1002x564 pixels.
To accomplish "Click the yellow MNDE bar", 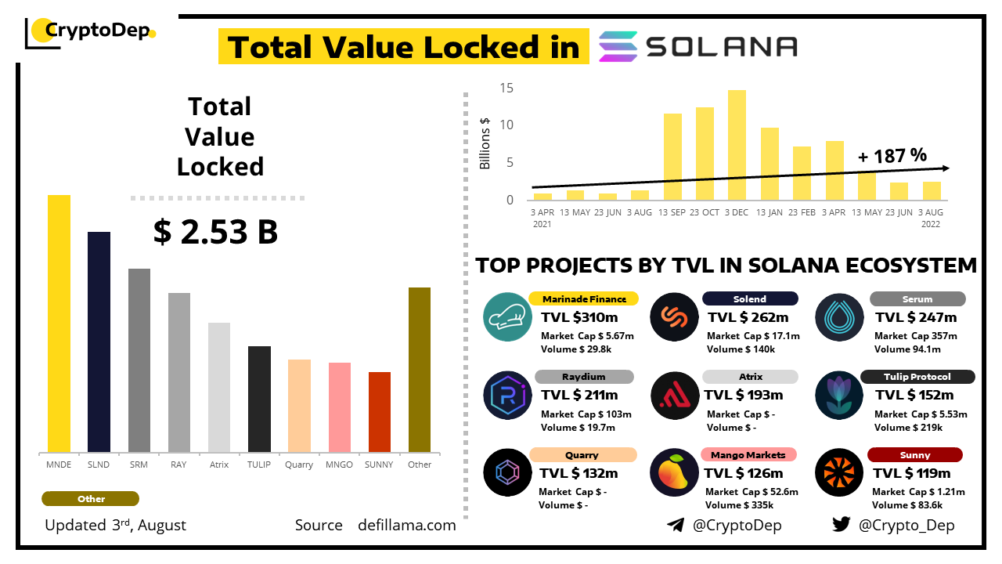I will coord(59,324).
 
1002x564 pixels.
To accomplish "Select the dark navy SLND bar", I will coord(99,342).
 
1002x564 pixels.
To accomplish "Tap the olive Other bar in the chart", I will coord(420,370).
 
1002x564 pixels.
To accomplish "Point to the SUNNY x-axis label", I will coord(379,465).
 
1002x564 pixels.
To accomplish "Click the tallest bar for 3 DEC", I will coord(737,145).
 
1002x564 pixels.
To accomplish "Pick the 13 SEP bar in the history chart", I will coord(672,157).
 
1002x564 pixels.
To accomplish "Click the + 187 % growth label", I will coord(892,155).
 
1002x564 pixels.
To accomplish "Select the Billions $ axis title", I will coord(485,143).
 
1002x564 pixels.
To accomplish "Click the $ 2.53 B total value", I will coord(215,232).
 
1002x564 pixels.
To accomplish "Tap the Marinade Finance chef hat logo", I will coord(508,316).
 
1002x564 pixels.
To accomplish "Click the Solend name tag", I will coord(749,298).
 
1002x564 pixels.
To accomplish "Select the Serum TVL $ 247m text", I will coord(916,317).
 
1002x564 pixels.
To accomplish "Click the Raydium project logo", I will coord(508,394).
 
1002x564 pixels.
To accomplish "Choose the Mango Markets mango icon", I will coord(675,472).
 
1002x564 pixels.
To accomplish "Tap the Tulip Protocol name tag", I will coord(917,377).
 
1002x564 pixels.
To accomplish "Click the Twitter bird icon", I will coord(841,524).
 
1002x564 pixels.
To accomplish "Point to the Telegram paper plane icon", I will coord(675,525).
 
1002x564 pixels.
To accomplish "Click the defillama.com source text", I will coord(406,526).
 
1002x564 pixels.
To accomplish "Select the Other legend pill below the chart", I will coord(91,499).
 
